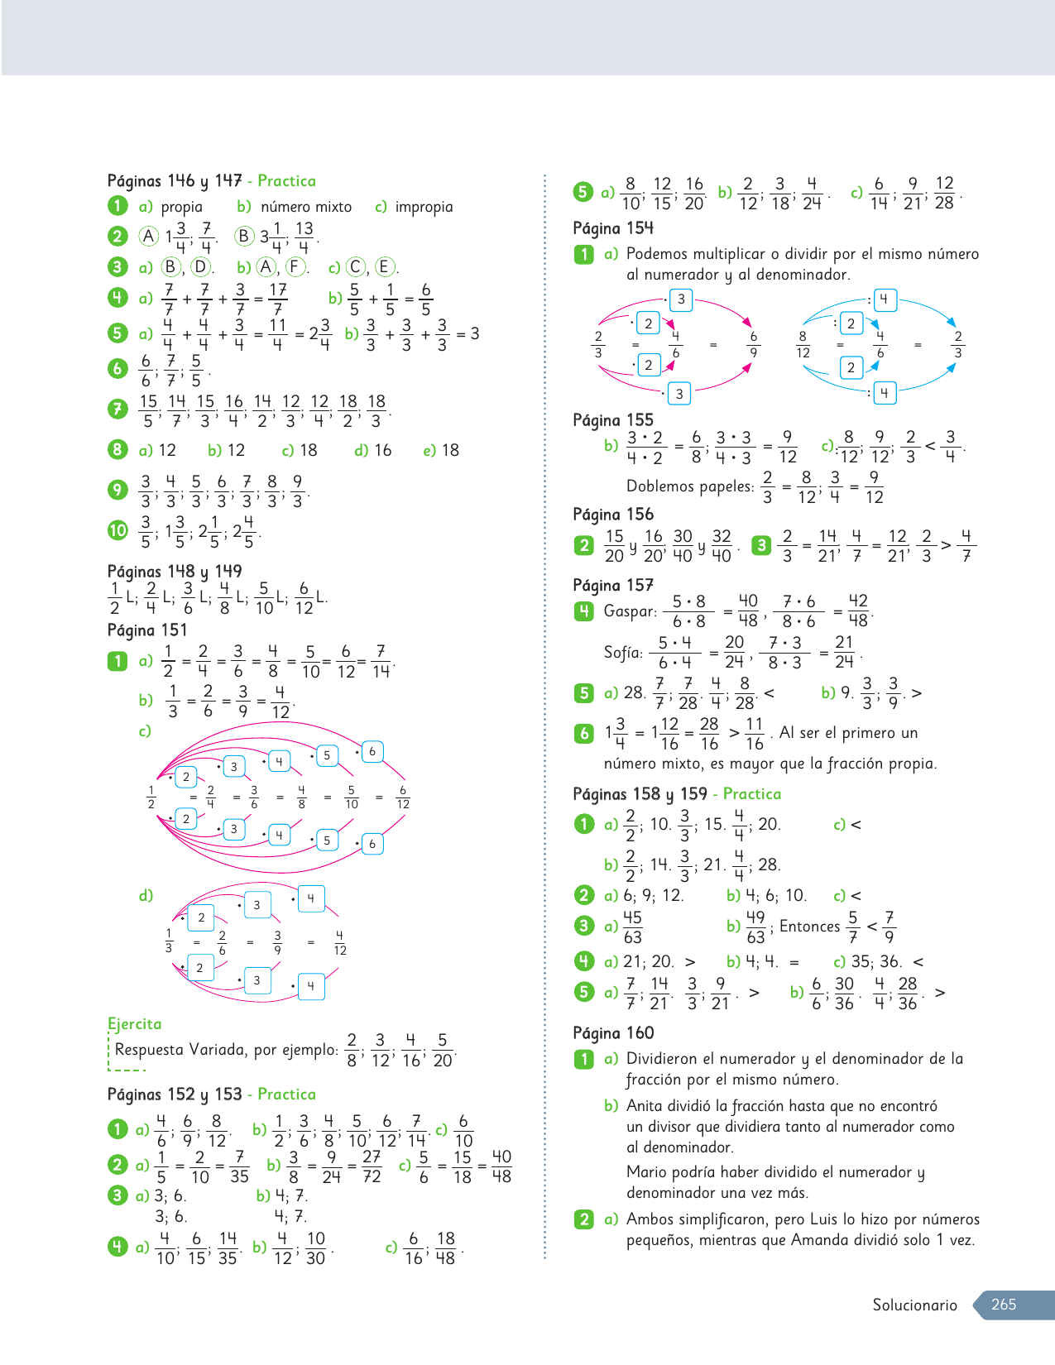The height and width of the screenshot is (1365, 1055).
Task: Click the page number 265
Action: pyautogui.click(x=1003, y=1304)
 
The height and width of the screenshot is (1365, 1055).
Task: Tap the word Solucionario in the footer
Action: pyautogui.click(x=914, y=1305)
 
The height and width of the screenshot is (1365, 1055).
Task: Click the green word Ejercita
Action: pyautogui.click(x=135, y=1023)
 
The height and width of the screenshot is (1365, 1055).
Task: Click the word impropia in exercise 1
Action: pyautogui.click(x=424, y=207)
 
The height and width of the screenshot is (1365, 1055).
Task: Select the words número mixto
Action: pyautogui.click(x=306, y=207)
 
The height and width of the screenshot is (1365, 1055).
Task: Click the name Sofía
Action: pyautogui.click(x=623, y=653)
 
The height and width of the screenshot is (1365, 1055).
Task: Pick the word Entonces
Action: pyautogui.click(x=809, y=927)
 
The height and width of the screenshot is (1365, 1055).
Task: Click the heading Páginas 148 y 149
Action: pyautogui.click(x=175, y=571)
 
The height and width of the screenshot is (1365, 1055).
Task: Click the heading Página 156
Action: pyautogui.click(x=613, y=514)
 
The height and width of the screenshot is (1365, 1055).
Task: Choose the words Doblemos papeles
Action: pyautogui.click(x=689, y=486)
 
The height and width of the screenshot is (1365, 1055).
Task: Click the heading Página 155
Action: pyautogui.click(x=613, y=419)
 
